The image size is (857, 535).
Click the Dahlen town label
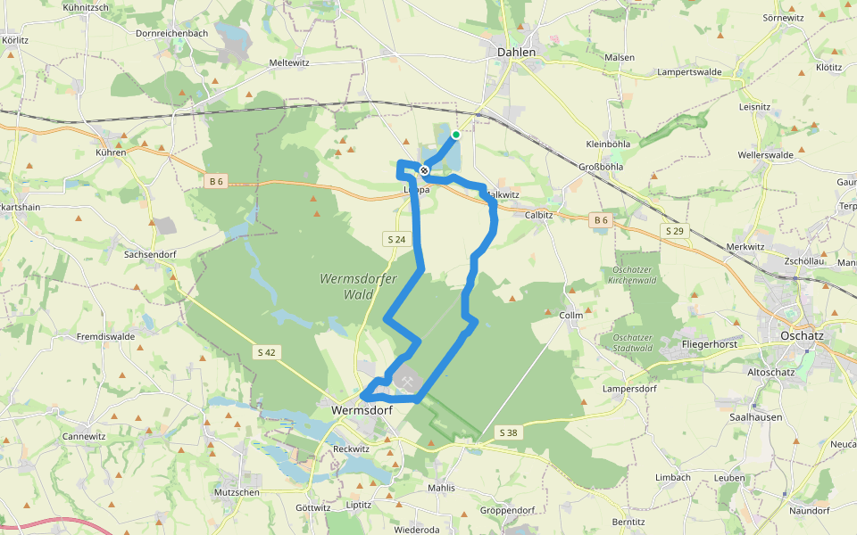[516, 53]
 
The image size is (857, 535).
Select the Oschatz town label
[800, 335]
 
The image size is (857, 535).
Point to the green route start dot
[456, 135]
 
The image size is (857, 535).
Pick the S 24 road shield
[397, 239]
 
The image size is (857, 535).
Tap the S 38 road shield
[508, 432]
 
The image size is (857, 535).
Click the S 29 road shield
[674, 231]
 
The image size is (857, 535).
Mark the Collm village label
[570, 316]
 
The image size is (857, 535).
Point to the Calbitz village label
[540, 215]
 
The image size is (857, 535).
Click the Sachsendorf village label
[150, 254]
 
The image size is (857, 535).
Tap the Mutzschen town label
[237, 491]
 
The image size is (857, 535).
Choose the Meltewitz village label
[289, 63]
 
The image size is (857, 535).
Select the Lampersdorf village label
[629, 389]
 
